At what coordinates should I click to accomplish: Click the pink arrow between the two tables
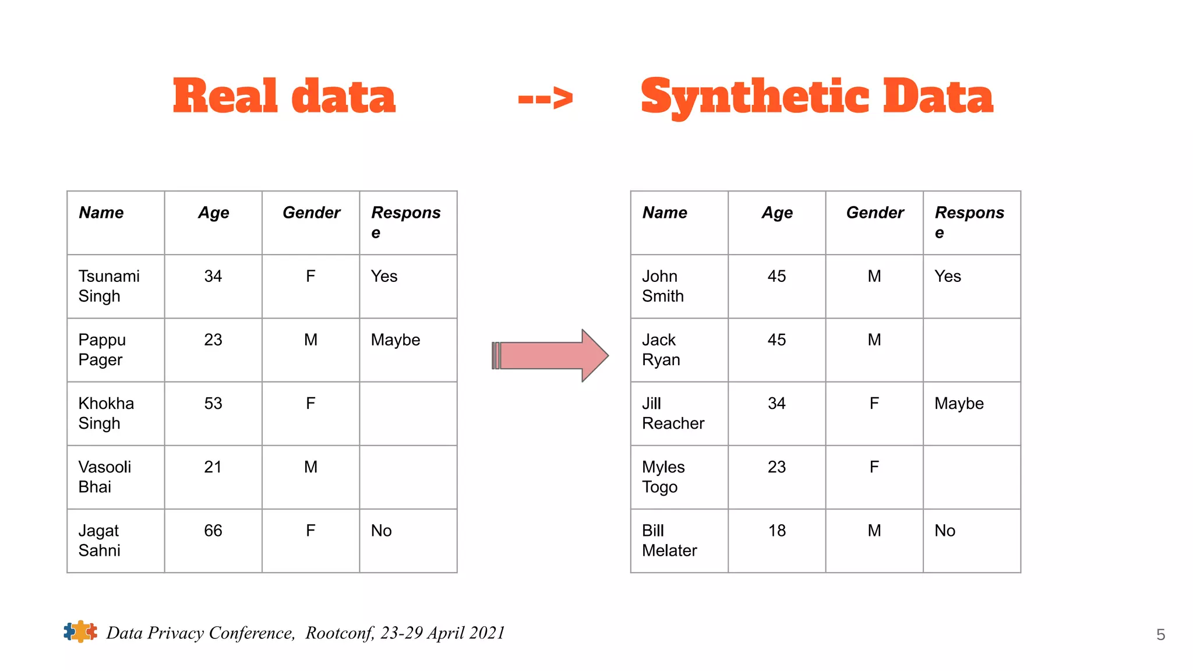pyautogui.click(x=550, y=355)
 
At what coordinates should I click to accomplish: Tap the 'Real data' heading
pyautogui.click(x=284, y=97)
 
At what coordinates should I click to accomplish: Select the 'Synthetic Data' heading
pyautogui.click(x=817, y=97)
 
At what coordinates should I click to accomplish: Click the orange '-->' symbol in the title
pyautogui.click(x=545, y=98)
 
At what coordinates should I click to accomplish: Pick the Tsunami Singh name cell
pyautogui.click(x=109, y=286)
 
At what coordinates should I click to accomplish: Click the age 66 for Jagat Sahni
pyautogui.click(x=213, y=531)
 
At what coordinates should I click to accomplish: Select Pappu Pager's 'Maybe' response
pyautogui.click(x=396, y=340)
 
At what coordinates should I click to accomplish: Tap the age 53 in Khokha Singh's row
pyautogui.click(x=213, y=404)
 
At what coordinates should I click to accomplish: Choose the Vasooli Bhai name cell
pyautogui.click(x=105, y=477)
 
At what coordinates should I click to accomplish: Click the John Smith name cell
pyautogui.click(x=663, y=286)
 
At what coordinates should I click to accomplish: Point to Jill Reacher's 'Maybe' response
pyautogui.click(x=959, y=404)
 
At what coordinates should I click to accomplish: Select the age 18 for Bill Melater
pyautogui.click(x=777, y=531)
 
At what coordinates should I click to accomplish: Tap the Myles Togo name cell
pyautogui.click(x=663, y=477)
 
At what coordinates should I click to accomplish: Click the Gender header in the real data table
pyautogui.click(x=311, y=213)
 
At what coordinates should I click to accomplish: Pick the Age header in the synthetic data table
pyautogui.click(x=777, y=213)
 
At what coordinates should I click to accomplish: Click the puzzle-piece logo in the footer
pyautogui.click(x=80, y=631)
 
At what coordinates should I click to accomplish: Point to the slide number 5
pyautogui.click(x=1160, y=635)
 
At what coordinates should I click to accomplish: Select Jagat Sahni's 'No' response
pyautogui.click(x=382, y=531)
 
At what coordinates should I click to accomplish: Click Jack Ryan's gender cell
pyautogui.click(x=874, y=340)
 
